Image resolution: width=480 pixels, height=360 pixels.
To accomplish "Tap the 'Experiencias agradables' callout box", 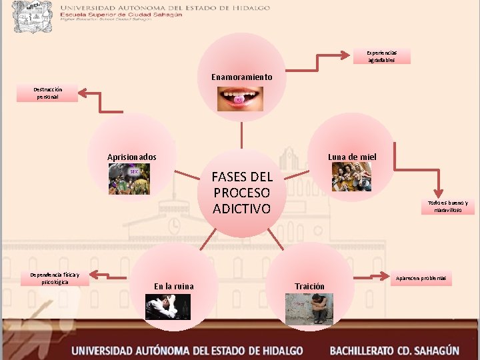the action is (382, 56).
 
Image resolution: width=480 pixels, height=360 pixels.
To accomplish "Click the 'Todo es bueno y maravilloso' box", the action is (448, 207).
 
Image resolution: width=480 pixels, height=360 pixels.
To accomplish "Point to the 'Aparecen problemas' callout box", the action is (421, 277).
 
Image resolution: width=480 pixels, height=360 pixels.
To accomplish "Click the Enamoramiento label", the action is (242, 77).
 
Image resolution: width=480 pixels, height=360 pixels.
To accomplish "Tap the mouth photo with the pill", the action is (241, 98).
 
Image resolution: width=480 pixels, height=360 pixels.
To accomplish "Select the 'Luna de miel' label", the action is (352, 157).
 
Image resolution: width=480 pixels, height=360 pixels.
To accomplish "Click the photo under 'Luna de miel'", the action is (351, 177).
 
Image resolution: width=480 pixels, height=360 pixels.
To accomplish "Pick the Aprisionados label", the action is (132, 157).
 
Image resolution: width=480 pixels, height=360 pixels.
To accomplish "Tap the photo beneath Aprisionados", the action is (130, 179).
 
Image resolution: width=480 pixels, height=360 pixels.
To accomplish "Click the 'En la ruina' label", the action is (174, 287).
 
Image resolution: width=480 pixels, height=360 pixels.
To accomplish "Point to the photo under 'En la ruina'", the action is (168, 306).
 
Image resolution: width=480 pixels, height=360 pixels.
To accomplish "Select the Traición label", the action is (309, 287).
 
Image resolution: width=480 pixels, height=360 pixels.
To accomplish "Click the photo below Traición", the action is (309, 309).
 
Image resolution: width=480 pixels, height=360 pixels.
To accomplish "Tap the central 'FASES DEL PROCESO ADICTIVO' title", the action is (242, 193).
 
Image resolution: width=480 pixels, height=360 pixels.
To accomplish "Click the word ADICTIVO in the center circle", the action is (242, 209).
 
